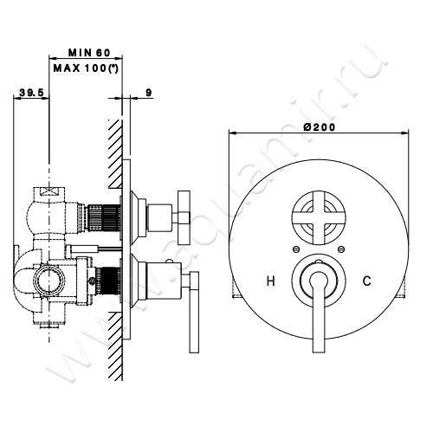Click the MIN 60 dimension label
[89, 53]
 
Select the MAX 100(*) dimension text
[86, 68]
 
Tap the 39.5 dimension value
[31, 93]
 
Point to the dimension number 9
[149, 93]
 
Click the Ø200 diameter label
[320, 127]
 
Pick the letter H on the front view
[271, 281]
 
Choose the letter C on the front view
[367, 281]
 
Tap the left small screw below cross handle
[295, 249]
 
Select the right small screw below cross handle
[341, 249]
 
